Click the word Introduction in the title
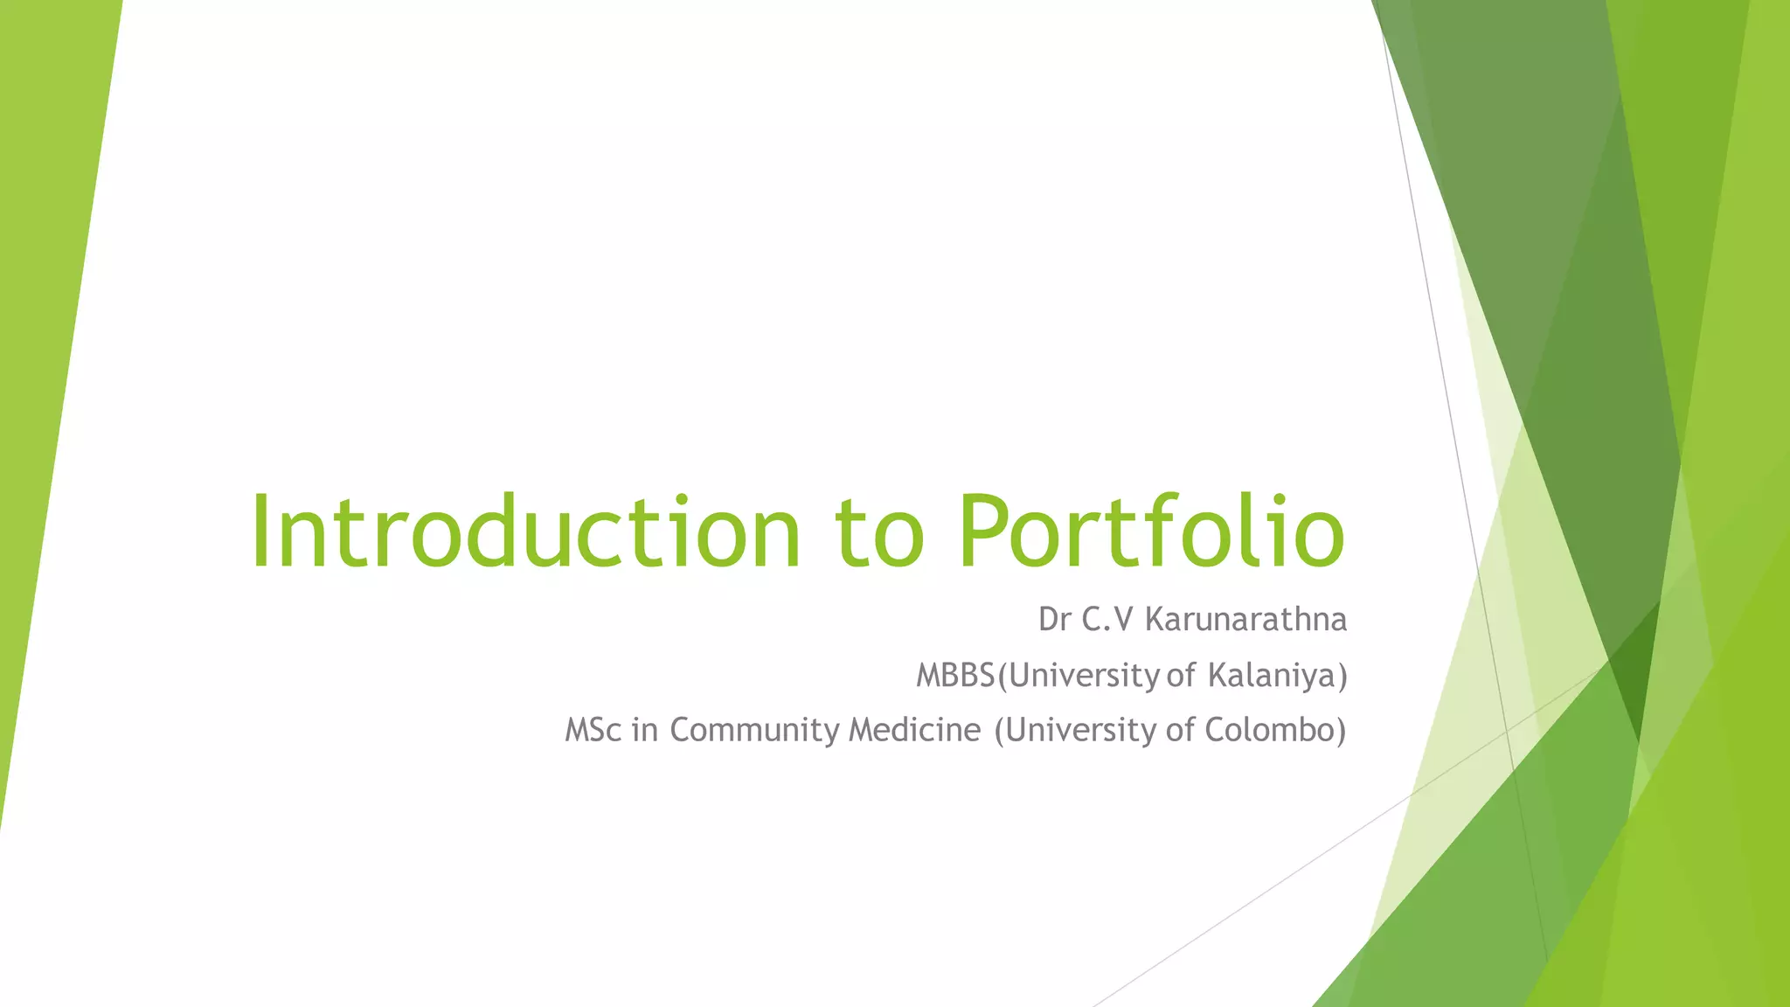point(525,532)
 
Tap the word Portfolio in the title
point(1150,532)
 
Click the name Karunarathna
point(1245,620)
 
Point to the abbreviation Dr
point(1055,620)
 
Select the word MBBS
point(955,676)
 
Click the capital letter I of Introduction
point(260,532)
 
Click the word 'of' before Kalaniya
point(1181,676)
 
